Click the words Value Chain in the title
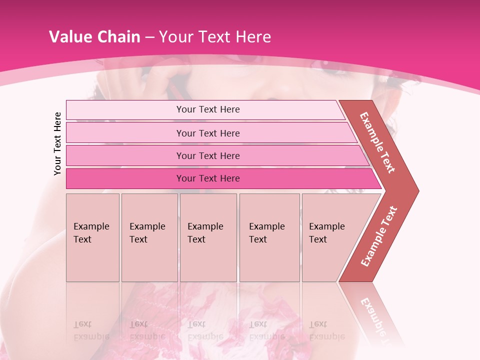pyautogui.click(x=94, y=37)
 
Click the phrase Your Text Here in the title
pyautogui.click(x=215, y=37)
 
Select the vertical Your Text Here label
pyautogui.click(x=57, y=143)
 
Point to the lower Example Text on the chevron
pyautogui.click(x=379, y=236)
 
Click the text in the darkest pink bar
pyautogui.click(x=208, y=178)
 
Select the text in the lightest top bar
pyautogui.click(x=208, y=109)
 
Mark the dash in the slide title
pyautogui.click(x=149, y=37)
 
